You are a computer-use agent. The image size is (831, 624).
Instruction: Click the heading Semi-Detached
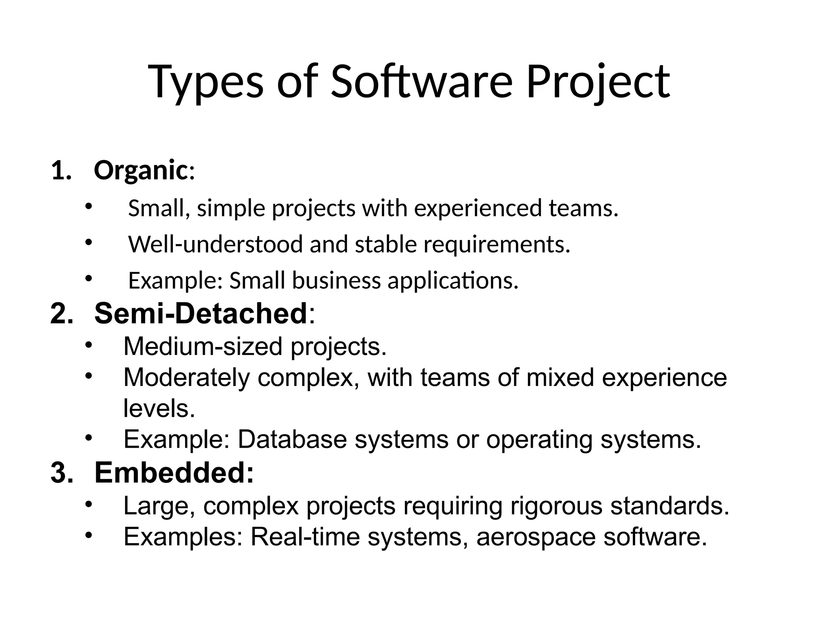click(200, 313)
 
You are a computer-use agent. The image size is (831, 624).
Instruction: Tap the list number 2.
click(61, 314)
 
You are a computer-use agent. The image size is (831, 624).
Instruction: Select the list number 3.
click(61, 473)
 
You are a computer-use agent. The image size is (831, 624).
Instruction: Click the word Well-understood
click(215, 244)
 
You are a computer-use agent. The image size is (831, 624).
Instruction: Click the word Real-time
click(305, 537)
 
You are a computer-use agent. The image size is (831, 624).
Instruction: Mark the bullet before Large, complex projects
click(89, 505)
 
